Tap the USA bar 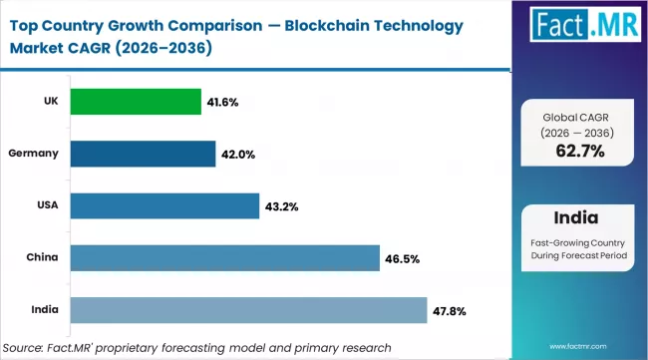point(164,206)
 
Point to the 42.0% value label point(239,154)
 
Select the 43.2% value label point(282,206)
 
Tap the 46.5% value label point(403,258)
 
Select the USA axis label point(46,206)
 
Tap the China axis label point(42,258)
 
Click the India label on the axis point(44,310)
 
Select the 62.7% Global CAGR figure point(579,152)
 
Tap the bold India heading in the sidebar point(579,218)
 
